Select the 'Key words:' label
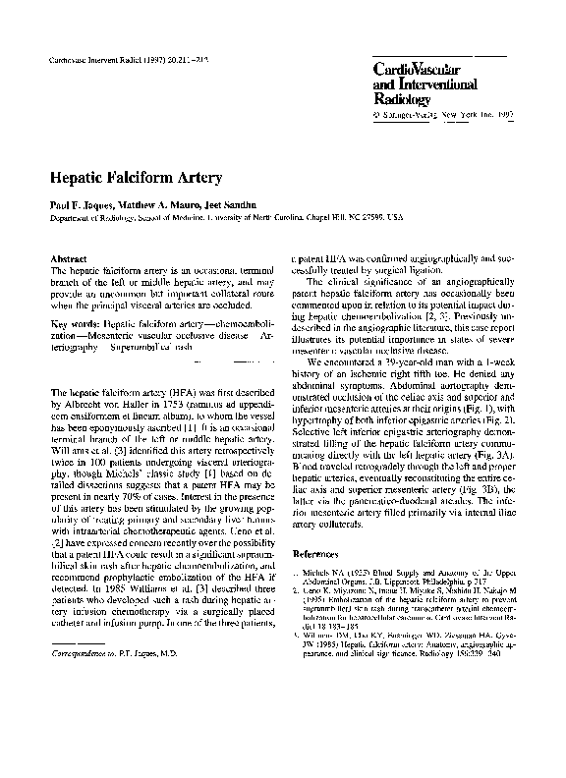coord(74,322)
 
